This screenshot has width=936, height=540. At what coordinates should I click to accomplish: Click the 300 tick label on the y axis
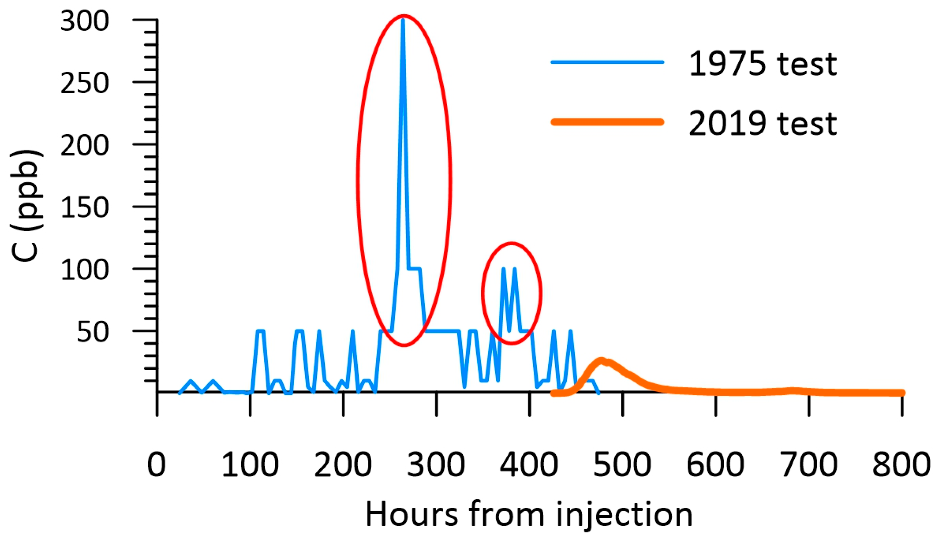[85, 22]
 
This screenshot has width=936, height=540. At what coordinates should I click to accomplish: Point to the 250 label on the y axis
[85, 84]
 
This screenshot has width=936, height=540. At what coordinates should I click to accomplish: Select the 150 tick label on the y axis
[85, 208]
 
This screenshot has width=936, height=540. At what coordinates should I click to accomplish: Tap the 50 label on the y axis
[93, 332]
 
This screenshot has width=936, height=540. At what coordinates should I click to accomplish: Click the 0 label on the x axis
[157, 465]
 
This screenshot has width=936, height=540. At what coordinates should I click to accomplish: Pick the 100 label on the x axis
[250, 465]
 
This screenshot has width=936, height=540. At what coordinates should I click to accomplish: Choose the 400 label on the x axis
[529, 465]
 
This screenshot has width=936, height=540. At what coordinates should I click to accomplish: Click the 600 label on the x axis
[716, 465]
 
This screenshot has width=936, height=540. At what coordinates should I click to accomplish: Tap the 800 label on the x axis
[901, 465]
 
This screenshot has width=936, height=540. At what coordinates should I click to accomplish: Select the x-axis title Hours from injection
[529, 514]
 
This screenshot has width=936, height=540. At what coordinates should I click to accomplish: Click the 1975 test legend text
[763, 64]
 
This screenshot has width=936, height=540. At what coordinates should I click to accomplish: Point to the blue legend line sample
[607, 62]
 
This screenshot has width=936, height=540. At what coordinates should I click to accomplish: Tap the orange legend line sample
[607, 122]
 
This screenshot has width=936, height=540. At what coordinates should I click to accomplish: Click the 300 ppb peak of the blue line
[403, 20]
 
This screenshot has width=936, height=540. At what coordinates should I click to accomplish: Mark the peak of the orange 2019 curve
[601, 361]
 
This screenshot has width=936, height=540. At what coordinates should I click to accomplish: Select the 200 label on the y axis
[85, 146]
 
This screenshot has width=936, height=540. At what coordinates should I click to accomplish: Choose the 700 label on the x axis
[809, 465]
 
